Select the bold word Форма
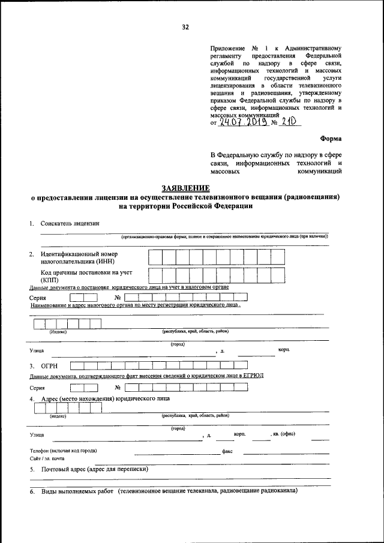(331, 137)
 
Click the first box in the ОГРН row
(76, 365)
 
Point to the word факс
(227, 451)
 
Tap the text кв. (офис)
(283, 433)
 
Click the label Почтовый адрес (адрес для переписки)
(95, 469)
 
